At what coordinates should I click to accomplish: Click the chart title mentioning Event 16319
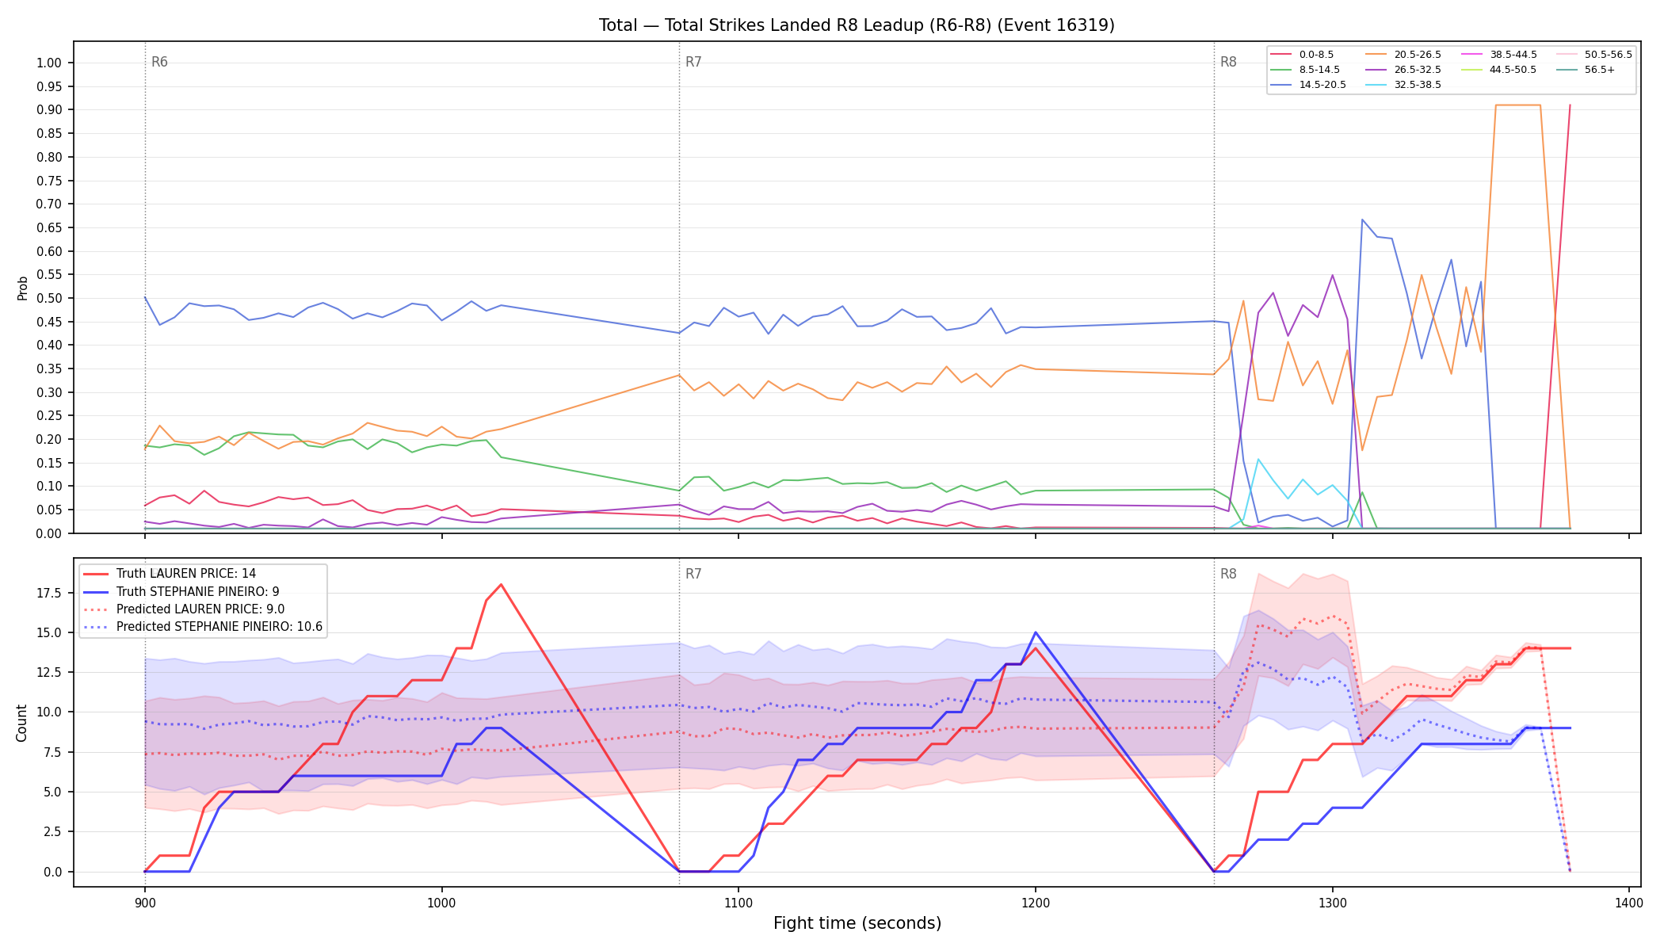click(857, 25)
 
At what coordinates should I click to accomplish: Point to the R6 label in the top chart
click(159, 62)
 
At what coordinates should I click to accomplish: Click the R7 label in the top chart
click(693, 62)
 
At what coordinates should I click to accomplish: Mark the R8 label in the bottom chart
click(1228, 574)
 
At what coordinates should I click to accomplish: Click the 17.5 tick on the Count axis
click(50, 593)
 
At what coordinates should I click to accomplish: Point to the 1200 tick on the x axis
click(1035, 903)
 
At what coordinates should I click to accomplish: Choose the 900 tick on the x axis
click(144, 903)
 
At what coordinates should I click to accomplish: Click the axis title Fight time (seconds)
click(857, 923)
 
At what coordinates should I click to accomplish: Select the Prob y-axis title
click(22, 288)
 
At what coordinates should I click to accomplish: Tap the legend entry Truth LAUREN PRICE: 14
click(186, 574)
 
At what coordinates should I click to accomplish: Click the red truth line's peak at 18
click(501, 585)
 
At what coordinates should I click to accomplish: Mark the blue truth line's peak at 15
click(1035, 632)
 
